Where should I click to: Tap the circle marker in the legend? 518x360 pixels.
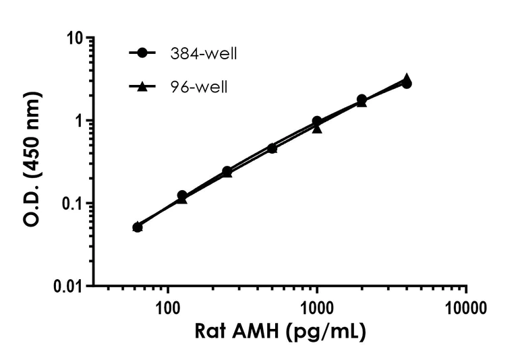click(142, 53)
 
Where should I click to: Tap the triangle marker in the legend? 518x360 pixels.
click(142, 87)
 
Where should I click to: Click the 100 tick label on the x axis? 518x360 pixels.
click(167, 309)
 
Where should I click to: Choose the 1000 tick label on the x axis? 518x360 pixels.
click(316, 309)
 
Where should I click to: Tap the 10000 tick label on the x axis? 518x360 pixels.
click(466, 309)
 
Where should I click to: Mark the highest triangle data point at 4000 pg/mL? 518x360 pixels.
click(407, 79)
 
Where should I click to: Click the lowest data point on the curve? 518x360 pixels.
click(137, 227)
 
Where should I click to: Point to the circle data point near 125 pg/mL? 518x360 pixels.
click(182, 196)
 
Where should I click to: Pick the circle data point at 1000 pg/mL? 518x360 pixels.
click(317, 121)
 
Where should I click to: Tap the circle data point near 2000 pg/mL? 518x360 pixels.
click(362, 100)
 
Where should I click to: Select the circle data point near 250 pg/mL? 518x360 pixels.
click(227, 171)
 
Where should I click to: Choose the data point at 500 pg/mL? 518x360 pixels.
click(272, 148)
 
